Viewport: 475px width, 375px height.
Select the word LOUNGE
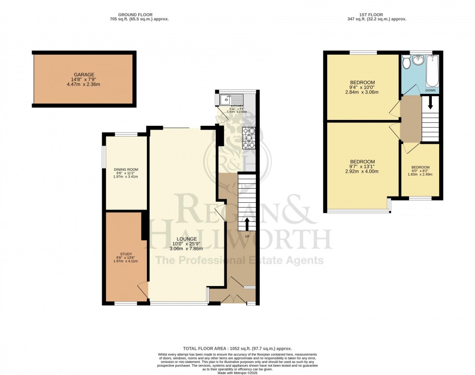coord(187,239)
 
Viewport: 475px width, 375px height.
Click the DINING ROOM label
coord(126,169)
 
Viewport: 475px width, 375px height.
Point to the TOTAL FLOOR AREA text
coord(237,348)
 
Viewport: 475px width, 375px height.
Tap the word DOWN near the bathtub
coord(430,90)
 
